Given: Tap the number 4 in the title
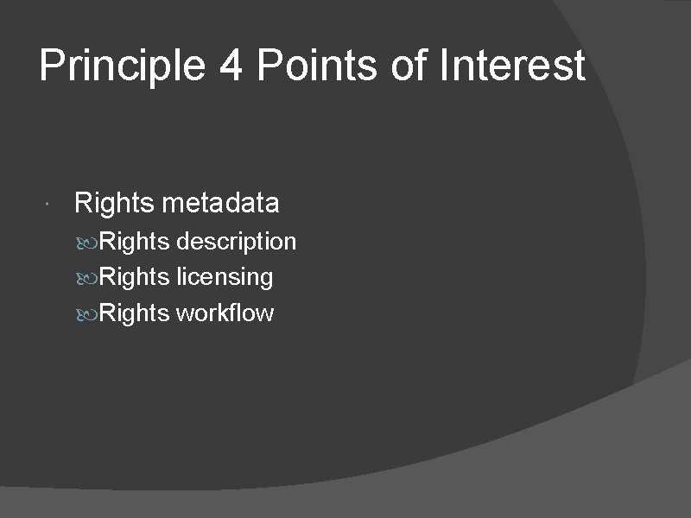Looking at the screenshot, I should (x=231, y=66).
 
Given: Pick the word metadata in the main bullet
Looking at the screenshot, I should (x=220, y=204).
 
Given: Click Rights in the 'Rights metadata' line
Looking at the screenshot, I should (x=114, y=204).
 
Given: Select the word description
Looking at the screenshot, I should (x=236, y=242).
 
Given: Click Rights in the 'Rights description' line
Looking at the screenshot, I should (x=135, y=242).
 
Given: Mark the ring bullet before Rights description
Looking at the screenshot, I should (x=92, y=243).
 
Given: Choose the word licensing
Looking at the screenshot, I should (x=225, y=277).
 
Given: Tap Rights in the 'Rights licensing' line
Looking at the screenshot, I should (x=135, y=277).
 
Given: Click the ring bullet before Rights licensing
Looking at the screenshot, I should (x=92, y=278).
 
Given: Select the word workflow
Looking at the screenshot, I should (x=225, y=313).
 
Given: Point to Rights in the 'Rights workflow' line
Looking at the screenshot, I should (x=135, y=313).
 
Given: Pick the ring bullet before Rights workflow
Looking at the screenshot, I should (x=92, y=313).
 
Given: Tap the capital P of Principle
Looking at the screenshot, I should (x=52, y=66).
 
